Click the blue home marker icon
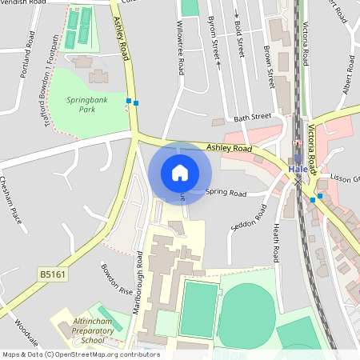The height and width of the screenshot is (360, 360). [x=180, y=173]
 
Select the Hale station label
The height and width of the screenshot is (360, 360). [x=298, y=170]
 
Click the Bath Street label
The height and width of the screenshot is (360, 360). [x=253, y=118]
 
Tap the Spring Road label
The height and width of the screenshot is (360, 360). [x=226, y=193]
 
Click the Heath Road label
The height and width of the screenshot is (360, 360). [x=277, y=243]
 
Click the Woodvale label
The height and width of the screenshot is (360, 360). [x=26, y=331]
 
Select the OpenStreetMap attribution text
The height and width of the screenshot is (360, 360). [x=81, y=354]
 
